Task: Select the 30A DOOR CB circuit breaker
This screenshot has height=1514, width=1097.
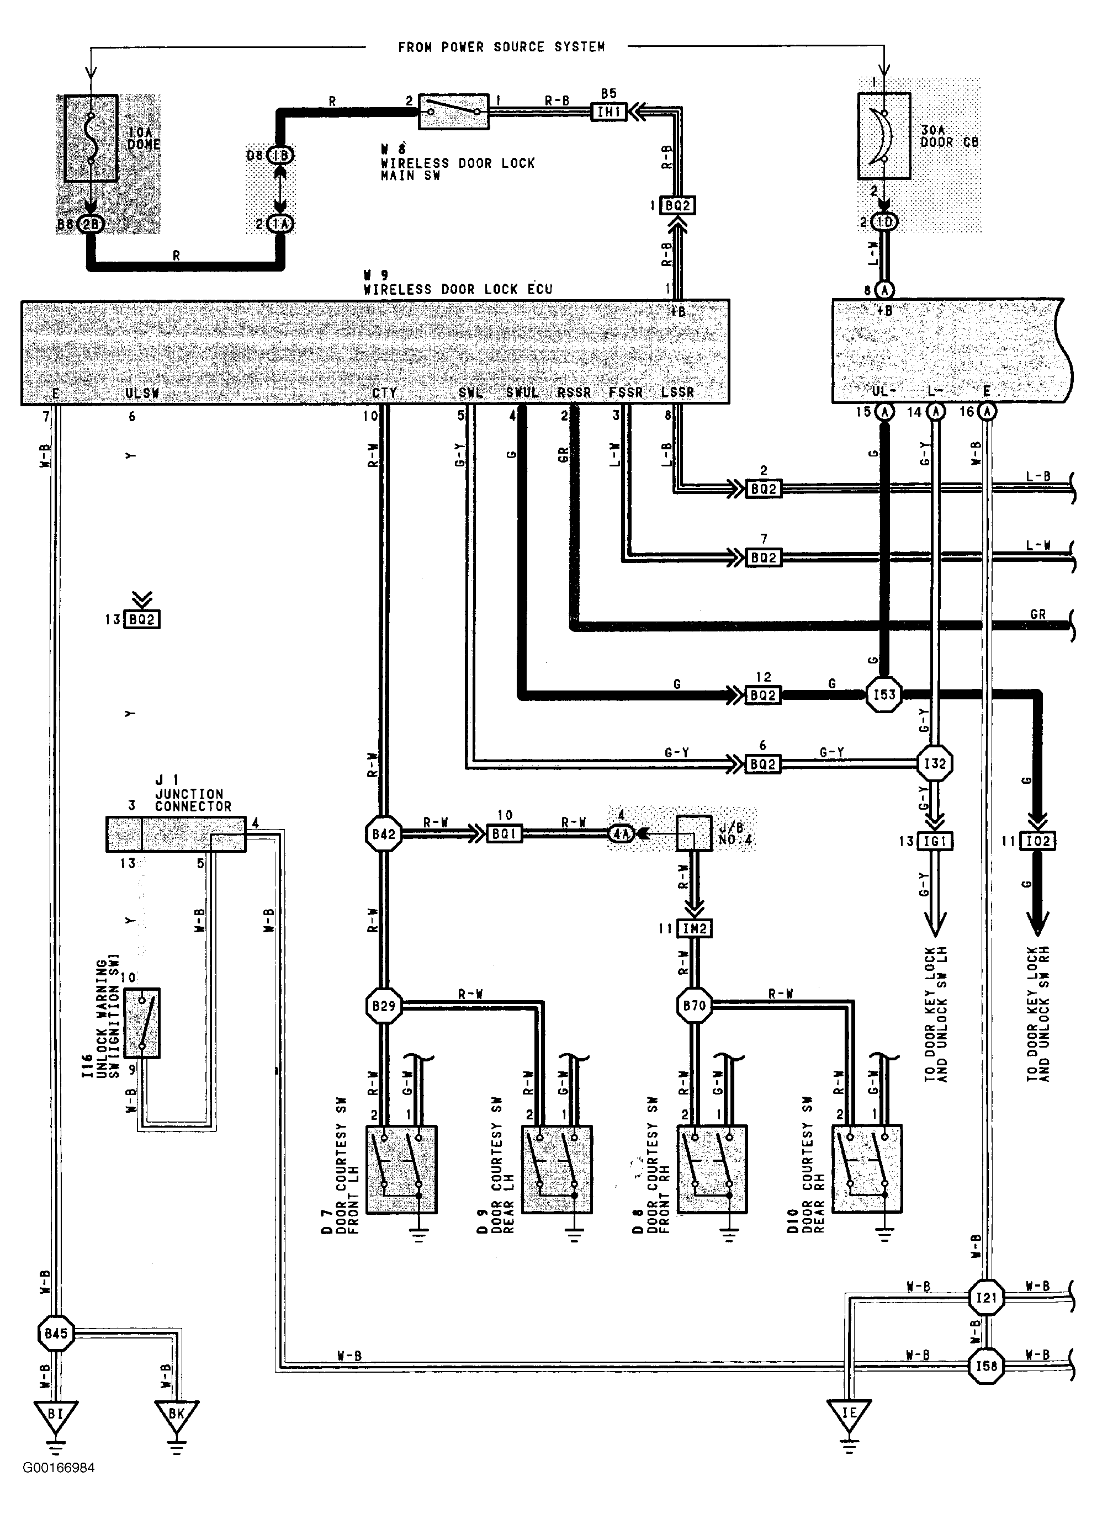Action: (883, 136)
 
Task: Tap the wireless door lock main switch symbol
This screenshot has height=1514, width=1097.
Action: (453, 111)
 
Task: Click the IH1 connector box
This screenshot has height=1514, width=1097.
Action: (609, 111)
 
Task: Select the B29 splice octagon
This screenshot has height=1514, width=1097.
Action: (384, 1005)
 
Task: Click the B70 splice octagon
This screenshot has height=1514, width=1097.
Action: (695, 1005)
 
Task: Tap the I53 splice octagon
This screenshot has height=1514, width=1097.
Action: (884, 694)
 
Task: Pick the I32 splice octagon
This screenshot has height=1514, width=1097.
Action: (935, 763)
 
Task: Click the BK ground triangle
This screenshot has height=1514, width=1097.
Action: (176, 1414)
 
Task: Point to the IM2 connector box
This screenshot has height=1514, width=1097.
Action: (695, 928)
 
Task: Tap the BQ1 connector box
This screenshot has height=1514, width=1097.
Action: (504, 834)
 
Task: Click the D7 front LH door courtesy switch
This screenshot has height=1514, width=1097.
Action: (401, 1169)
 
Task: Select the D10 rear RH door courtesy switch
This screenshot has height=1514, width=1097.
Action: (867, 1169)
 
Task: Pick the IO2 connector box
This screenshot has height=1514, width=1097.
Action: (1037, 841)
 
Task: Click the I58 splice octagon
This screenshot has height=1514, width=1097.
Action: (986, 1367)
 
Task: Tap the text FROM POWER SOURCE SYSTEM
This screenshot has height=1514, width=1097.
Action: (501, 47)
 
